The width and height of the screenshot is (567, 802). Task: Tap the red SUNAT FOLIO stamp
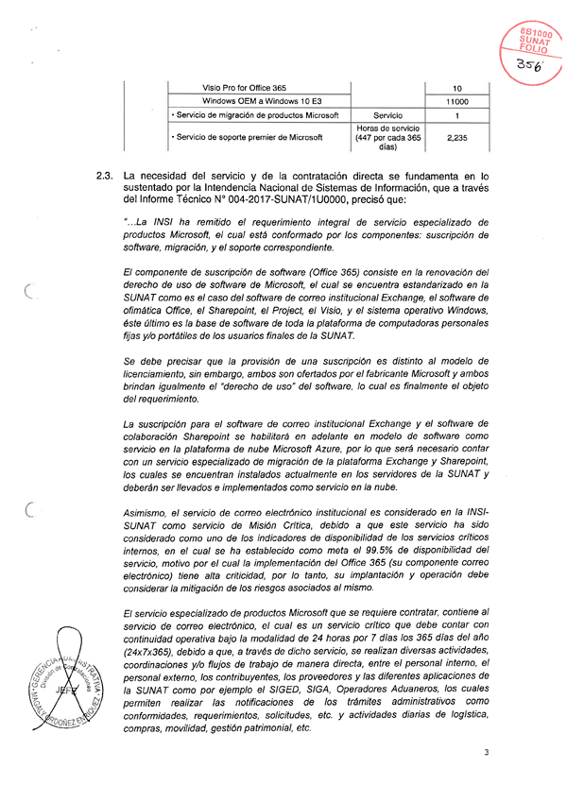coord(535,37)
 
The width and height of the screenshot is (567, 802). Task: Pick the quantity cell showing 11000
coord(456,101)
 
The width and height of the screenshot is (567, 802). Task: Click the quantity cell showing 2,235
coord(456,137)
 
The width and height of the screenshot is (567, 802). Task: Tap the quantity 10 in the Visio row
coord(456,87)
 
